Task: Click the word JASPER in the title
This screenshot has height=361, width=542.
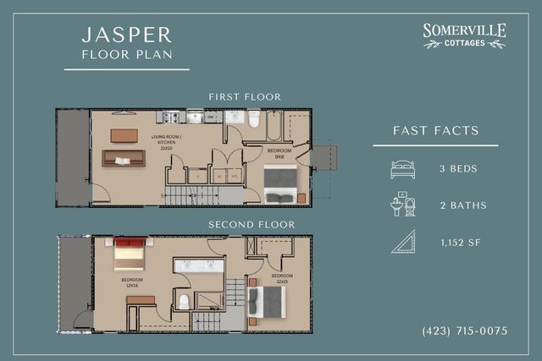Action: pos(127,36)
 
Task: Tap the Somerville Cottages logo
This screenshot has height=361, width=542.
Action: pos(464,36)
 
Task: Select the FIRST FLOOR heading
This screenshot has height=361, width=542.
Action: pos(245,97)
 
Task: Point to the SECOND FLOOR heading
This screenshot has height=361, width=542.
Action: pos(252,225)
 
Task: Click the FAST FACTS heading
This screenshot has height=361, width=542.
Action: pos(436,131)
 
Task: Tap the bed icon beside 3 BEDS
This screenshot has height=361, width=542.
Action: pos(402,169)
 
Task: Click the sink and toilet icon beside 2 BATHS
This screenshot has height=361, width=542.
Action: pos(402,205)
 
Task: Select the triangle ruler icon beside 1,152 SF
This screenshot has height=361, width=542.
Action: pos(403,242)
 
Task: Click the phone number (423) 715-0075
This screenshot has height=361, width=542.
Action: pos(464,331)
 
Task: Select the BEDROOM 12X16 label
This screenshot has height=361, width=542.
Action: pos(132,282)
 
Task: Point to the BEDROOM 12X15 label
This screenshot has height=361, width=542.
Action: pos(281,278)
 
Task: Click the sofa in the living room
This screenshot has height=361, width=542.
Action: pos(124,158)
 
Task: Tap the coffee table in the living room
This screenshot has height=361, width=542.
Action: pos(124,135)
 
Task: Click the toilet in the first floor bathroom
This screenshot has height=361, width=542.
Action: pos(254,120)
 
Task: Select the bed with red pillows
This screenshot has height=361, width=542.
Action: pos(130,254)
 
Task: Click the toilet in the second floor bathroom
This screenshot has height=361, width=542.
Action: pos(184,301)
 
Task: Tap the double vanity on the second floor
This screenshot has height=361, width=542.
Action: pos(199,265)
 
